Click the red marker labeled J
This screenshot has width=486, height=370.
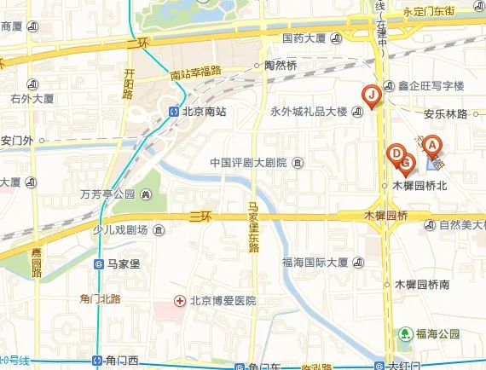point(371,95)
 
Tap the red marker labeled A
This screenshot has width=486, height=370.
point(432,146)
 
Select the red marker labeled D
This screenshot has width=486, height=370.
point(395,154)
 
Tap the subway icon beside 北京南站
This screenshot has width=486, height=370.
point(173,110)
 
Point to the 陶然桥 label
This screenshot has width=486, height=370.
point(281,66)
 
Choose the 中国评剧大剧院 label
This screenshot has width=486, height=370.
point(249,162)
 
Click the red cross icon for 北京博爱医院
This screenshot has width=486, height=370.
point(179,300)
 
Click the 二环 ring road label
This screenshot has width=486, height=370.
point(137,41)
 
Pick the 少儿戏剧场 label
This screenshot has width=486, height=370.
point(119,230)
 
